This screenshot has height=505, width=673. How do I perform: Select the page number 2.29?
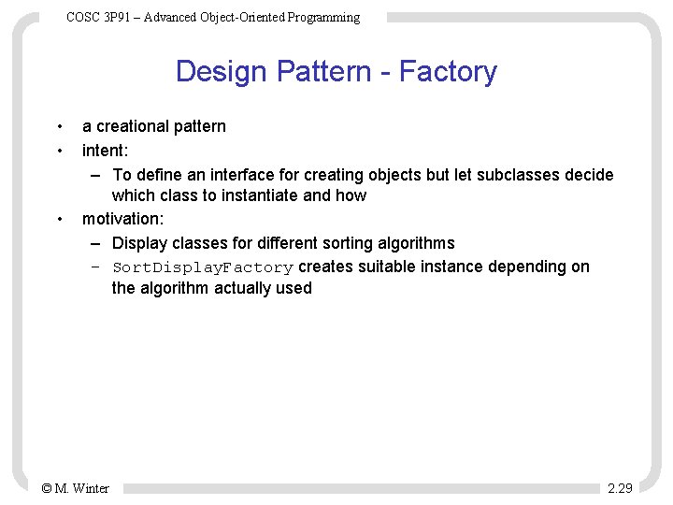pyautogui.click(x=620, y=488)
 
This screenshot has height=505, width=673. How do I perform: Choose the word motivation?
pyautogui.click(x=122, y=219)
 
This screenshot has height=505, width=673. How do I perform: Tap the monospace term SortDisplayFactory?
pyautogui.click(x=203, y=267)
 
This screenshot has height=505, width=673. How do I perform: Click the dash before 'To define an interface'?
pyautogui.click(x=96, y=175)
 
